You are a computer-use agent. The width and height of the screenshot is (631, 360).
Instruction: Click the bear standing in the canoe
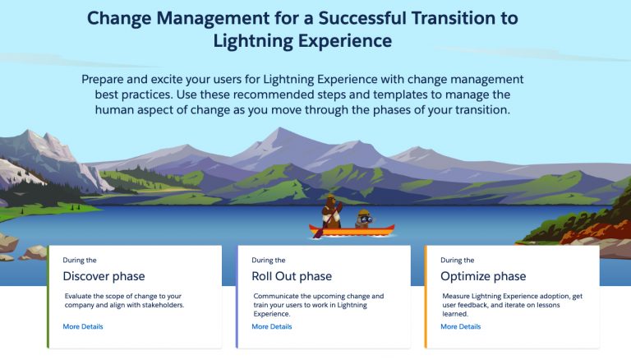[x=330, y=211]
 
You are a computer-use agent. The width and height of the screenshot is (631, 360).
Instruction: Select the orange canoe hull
[x=353, y=230]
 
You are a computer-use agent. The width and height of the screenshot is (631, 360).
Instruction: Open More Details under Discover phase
[x=83, y=326]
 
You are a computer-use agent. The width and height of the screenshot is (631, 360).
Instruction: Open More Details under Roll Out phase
[x=272, y=326]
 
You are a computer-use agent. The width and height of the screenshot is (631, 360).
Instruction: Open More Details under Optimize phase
[x=461, y=326]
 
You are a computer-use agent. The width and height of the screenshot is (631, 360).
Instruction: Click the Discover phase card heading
[x=104, y=276]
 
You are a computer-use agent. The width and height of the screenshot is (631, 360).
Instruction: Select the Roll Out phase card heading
[x=292, y=276]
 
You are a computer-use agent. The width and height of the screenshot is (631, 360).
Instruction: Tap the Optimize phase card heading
[x=483, y=276]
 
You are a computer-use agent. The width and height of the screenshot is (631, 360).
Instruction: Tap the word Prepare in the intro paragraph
[x=107, y=80]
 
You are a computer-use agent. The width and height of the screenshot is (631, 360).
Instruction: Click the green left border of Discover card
[x=48, y=296]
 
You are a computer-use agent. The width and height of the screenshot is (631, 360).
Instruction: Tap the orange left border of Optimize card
[x=426, y=296]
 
